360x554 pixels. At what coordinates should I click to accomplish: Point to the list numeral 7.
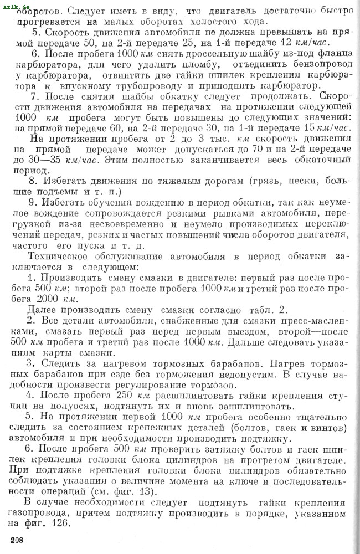pyautogui.click(x=35, y=95)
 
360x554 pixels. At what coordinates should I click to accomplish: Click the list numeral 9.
pyautogui.click(x=35, y=212)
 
